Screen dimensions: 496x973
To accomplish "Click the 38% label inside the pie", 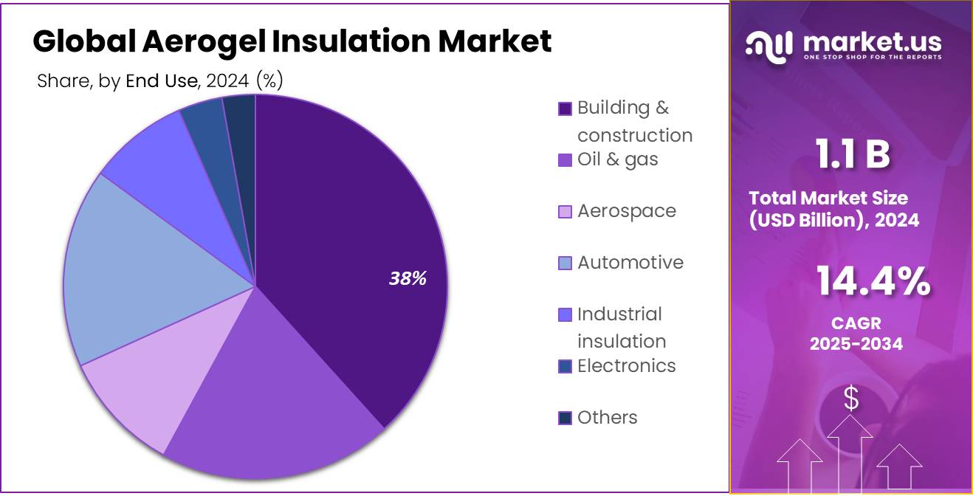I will coord(408,278).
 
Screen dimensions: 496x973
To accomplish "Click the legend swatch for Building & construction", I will coord(565,108).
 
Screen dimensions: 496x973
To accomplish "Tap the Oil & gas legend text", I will coord(617,159).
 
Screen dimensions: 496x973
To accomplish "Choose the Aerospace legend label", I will coord(626,211).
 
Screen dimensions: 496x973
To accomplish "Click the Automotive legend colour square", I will coord(565,263).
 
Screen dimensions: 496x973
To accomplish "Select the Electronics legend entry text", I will coord(626,366).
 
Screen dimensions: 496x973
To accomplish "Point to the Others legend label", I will coord(607,418).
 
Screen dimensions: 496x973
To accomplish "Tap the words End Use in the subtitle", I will coord(162,81).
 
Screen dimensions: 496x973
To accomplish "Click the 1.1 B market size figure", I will coord(852,155).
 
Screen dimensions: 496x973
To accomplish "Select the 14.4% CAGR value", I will coord(872,282).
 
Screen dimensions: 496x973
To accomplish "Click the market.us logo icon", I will coord(769,45).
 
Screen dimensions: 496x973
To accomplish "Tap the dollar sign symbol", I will coord(851,399).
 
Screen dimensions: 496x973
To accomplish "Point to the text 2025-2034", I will coord(856,343).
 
